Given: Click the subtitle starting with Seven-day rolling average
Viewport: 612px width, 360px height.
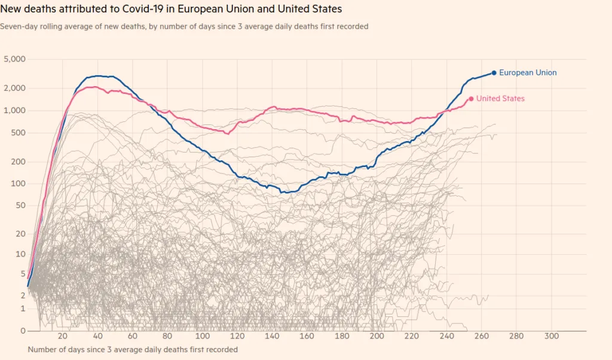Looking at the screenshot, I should [184, 26].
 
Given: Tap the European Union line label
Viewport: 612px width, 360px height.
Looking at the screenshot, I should [528, 73].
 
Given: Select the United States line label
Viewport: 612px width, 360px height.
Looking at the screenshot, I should [500, 99].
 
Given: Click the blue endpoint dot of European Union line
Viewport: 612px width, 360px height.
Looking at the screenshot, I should [494, 73].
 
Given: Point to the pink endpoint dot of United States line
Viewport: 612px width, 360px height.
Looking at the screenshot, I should [471, 99].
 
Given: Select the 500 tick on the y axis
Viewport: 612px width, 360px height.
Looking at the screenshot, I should [18, 133].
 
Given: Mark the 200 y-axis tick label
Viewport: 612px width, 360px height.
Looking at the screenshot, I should [18, 161].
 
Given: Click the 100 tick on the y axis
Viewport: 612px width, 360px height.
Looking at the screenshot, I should [18, 184].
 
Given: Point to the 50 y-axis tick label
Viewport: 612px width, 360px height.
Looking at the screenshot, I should [20, 206].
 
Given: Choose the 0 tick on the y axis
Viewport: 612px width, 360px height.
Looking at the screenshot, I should [22, 331].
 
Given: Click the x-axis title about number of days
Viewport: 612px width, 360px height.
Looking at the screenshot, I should [132, 349].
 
